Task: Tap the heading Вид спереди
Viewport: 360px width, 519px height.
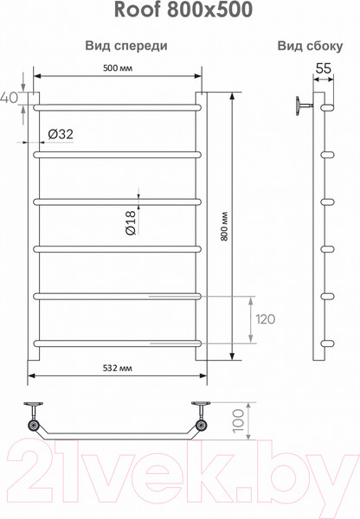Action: pos(126,46)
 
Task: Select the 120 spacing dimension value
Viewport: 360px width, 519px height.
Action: pos(265,319)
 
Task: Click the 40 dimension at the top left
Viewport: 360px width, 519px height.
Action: pos(10,97)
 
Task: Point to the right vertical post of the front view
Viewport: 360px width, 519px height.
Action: pos(201,225)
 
